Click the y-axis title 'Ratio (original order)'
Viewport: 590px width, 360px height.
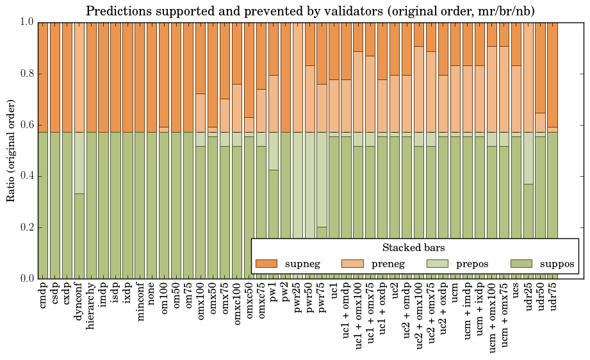(x=11, y=150)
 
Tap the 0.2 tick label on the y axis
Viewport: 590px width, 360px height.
(x=25, y=227)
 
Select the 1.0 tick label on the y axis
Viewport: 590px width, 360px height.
(x=25, y=22)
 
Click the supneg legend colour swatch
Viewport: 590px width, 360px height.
(x=266, y=263)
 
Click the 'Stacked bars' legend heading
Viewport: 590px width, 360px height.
(x=413, y=247)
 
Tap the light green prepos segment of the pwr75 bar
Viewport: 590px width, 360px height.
(x=322, y=179)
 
